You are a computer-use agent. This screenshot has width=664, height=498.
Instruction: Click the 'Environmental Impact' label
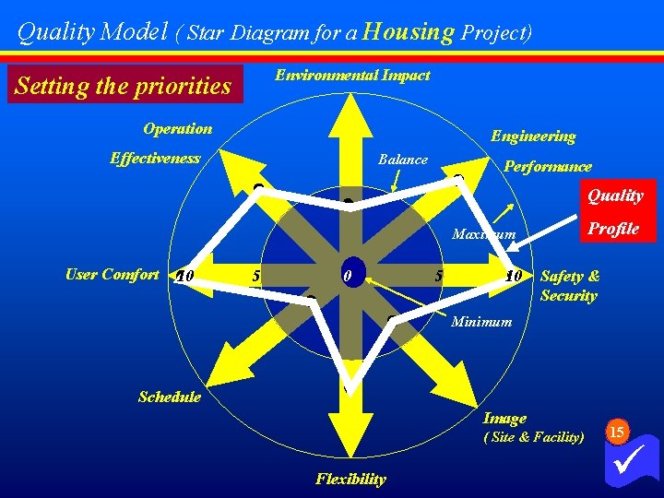point(352,76)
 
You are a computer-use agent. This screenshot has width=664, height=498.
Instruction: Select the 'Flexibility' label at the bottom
point(350,479)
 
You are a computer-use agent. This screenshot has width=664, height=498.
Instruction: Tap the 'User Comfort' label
point(112,274)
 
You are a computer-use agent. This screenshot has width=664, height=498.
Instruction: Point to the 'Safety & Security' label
point(569,286)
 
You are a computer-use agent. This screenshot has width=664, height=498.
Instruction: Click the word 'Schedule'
point(169,397)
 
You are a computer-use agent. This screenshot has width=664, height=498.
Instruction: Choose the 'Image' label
point(504,419)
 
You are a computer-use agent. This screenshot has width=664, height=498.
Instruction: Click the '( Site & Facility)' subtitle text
point(534,437)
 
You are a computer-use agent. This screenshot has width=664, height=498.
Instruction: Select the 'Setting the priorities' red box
point(124,86)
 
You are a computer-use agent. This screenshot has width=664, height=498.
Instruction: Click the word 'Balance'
point(403,160)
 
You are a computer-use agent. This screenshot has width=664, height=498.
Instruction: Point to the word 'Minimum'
point(481,322)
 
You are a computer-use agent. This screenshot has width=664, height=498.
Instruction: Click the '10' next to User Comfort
point(184,276)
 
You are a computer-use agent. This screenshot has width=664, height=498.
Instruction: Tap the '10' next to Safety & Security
point(514,276)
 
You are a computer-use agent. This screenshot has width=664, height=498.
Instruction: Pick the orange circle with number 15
point(618,432)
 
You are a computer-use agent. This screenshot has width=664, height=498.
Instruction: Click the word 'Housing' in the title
point(409,33)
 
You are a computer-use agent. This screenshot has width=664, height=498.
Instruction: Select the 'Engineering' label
point(533,136)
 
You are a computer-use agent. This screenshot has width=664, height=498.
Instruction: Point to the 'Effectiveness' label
point(155,159)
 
